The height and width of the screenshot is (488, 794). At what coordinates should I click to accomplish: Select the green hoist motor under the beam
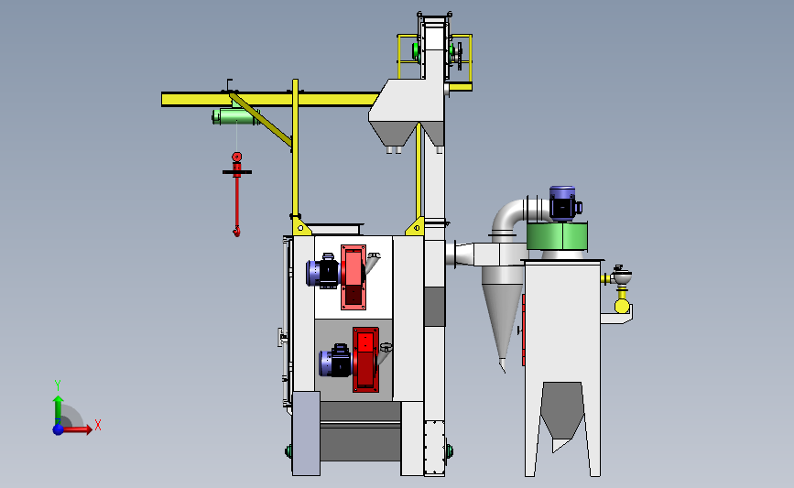[236, 116]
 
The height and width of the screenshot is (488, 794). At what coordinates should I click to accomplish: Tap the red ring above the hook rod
[236, 157]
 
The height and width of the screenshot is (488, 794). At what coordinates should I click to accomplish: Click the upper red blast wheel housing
[353, 277]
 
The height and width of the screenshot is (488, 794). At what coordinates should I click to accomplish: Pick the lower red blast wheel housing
[365, 360]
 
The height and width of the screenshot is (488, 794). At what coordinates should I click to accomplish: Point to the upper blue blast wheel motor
[323, 272]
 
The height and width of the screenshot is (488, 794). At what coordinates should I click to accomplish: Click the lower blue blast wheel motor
[335, 362]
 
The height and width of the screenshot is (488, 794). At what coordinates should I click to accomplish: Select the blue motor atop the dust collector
[565, 203]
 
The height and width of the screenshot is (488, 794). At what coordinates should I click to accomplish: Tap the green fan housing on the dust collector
[557, 236]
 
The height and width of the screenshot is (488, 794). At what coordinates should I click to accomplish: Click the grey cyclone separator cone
[503, 319]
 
